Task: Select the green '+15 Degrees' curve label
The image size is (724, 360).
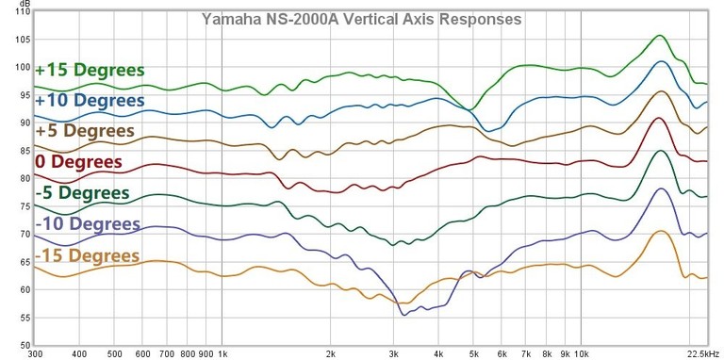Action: tap(90, 71)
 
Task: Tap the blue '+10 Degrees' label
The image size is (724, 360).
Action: tap(90, 100)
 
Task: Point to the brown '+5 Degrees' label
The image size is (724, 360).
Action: tap(85, 131)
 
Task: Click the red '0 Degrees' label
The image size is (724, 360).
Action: tap(78, 162)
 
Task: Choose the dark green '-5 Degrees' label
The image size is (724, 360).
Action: tap(82, 193)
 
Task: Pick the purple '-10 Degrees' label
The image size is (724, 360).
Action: tap(88, 224)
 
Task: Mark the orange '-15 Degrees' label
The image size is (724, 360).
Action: tap(87, 255)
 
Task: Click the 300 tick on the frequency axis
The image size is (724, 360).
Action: tap(36, 354)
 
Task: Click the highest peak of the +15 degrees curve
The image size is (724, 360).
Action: tap(660, 36)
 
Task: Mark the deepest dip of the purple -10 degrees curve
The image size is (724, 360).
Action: tap(404, 315)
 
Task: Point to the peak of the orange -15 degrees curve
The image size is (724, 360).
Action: tap(662, 231)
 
